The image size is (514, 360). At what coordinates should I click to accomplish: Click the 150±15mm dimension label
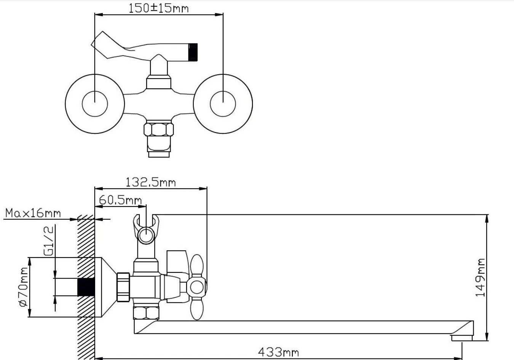[158, 8]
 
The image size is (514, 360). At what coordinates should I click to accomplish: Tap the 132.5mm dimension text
[150, 182]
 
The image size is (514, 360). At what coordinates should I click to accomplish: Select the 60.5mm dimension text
[120, 200]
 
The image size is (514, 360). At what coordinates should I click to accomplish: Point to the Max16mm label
[33, 213]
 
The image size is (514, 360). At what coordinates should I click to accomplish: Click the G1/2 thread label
[49, 241]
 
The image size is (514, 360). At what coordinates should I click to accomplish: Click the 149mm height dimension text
[480, 278]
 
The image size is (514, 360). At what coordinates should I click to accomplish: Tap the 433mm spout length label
[279, 352]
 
